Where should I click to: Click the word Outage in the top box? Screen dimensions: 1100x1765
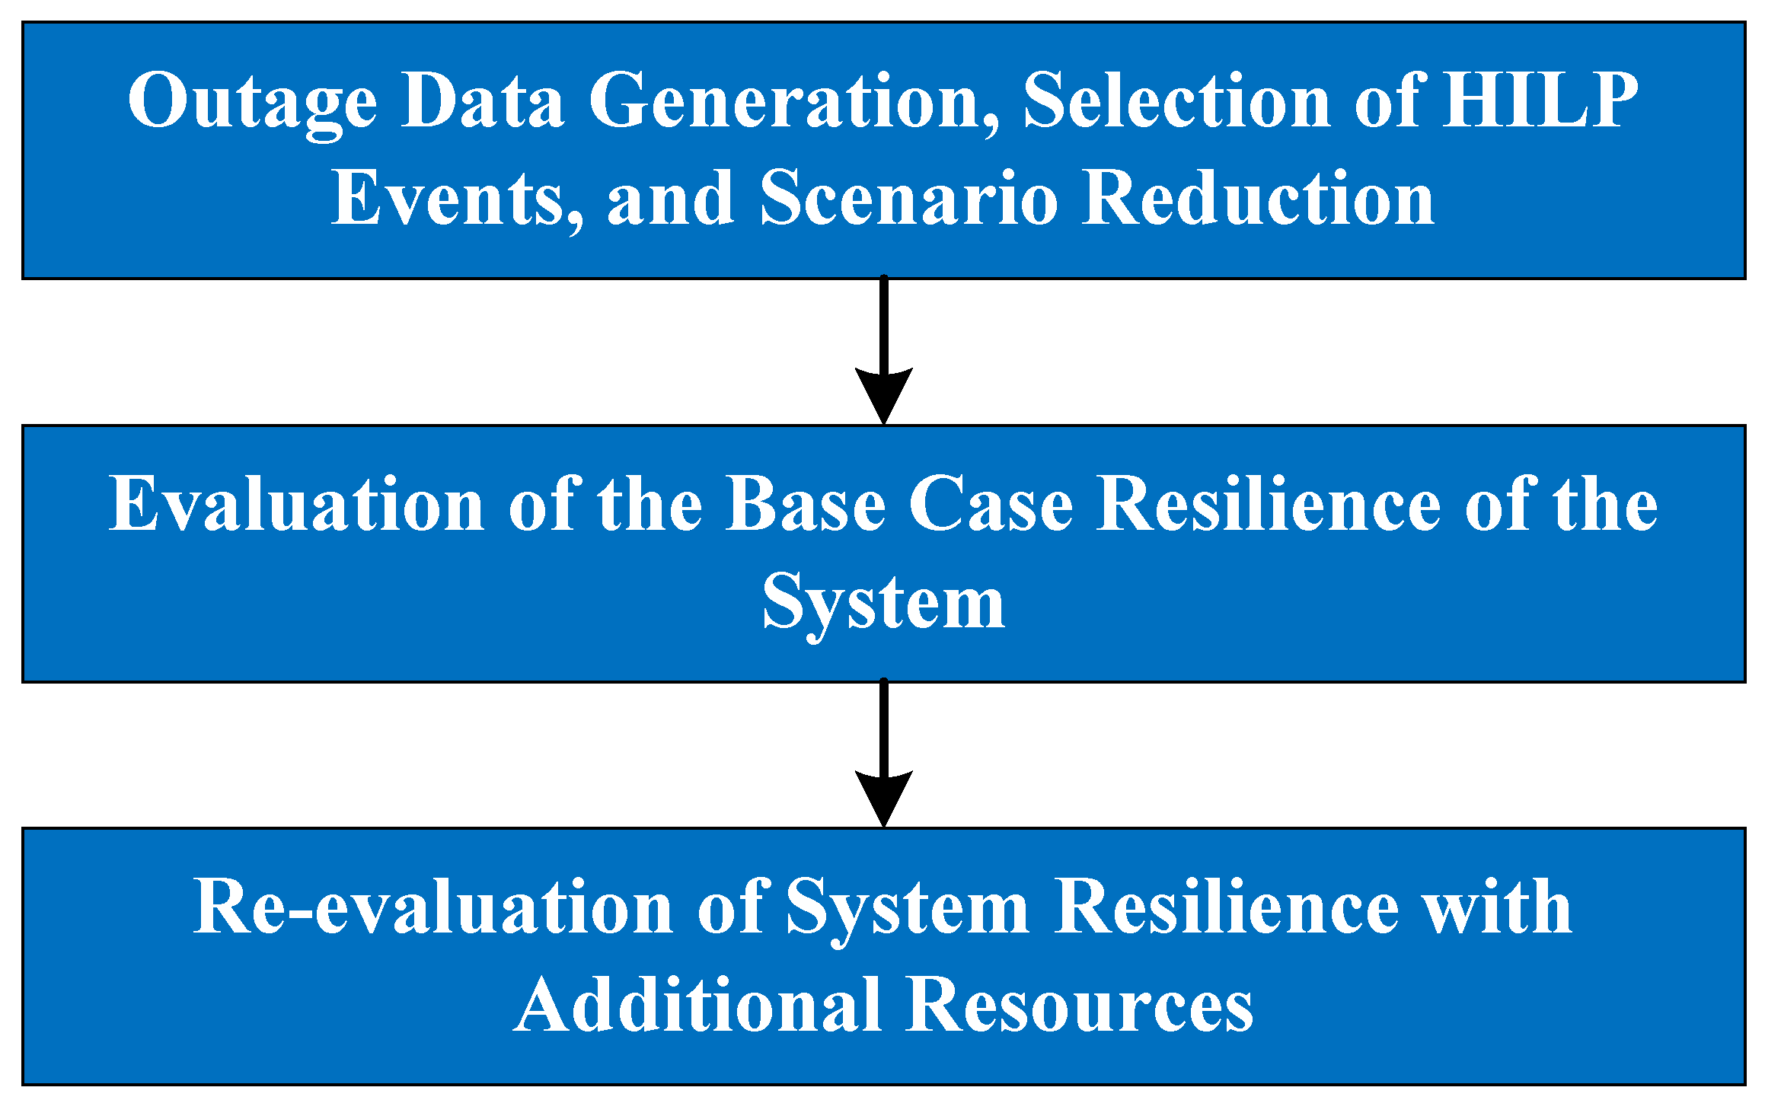coord(252,101)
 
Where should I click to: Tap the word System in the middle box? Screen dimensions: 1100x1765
coord(883,603)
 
